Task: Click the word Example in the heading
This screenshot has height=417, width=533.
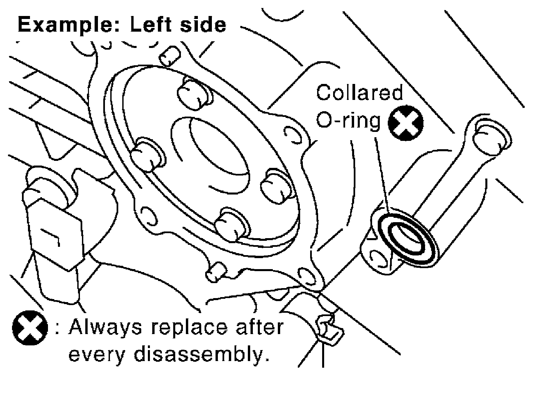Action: (65, 25)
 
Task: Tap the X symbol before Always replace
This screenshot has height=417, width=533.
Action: (29, 328)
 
